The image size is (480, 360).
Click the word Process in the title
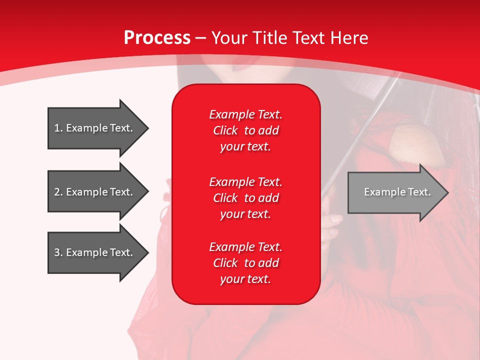[x=157, y=38]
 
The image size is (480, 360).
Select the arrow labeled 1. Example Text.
[x=95, y=128]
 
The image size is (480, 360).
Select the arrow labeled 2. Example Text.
[x=95, y=192]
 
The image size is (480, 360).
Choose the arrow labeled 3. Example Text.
[x=95, y=252]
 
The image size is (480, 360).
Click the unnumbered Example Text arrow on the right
[x=395, y=192]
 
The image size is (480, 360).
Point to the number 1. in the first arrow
[x=58, y=128]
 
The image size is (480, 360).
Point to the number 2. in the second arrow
[x=58, y=192]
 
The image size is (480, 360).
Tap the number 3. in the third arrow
[x=58, y=252]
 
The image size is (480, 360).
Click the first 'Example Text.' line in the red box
[x=245, y=114]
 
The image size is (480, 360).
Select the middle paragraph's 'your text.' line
[x=245, y=214]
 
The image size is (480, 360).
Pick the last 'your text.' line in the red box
[x=245, y=279]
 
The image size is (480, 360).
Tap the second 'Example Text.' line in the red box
[x=245, y=181]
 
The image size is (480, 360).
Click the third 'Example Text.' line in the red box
[x=245, y=246]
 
